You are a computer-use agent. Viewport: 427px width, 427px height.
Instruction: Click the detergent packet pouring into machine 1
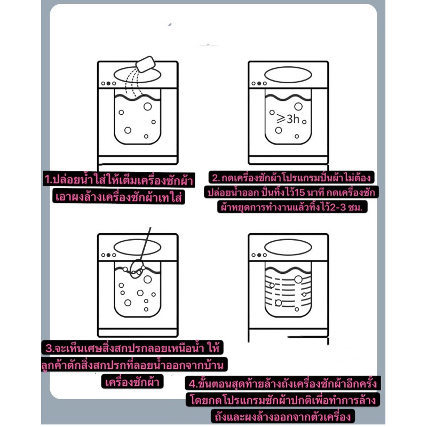[145, 64]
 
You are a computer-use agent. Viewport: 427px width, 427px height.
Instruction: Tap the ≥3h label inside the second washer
[288, 119]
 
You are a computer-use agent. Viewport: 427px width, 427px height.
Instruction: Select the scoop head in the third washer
[137, 269]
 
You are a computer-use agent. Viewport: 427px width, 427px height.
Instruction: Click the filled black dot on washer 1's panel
[108, 83]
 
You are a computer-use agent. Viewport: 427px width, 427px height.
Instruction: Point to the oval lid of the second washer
[288, 74]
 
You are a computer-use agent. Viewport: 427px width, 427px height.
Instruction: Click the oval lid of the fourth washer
[288, 247]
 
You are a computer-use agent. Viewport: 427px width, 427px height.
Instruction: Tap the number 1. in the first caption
[49, 180]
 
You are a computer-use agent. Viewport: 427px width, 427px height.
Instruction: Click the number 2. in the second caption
[216, 178]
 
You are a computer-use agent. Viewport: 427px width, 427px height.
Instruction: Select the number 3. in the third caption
[50, 349]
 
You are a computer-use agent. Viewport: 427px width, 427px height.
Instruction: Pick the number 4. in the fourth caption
[193, 384]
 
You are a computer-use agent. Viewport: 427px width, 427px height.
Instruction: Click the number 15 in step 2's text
[299, 193]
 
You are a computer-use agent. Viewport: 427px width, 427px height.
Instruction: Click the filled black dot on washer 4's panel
[259, 255]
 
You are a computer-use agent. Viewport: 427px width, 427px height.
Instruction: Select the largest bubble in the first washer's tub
[148, 106]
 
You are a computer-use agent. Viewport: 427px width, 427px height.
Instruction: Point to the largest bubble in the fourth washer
[298, 279]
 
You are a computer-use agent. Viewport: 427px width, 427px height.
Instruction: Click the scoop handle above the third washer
[146, 243]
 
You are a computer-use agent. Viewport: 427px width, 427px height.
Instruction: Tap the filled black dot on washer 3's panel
[108, 255]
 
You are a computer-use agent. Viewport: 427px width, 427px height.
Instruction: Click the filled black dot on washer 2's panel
[259, 83]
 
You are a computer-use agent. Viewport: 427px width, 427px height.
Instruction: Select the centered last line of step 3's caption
[132, 382]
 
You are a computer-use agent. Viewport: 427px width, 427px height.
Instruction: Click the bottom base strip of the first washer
[138, 160]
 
